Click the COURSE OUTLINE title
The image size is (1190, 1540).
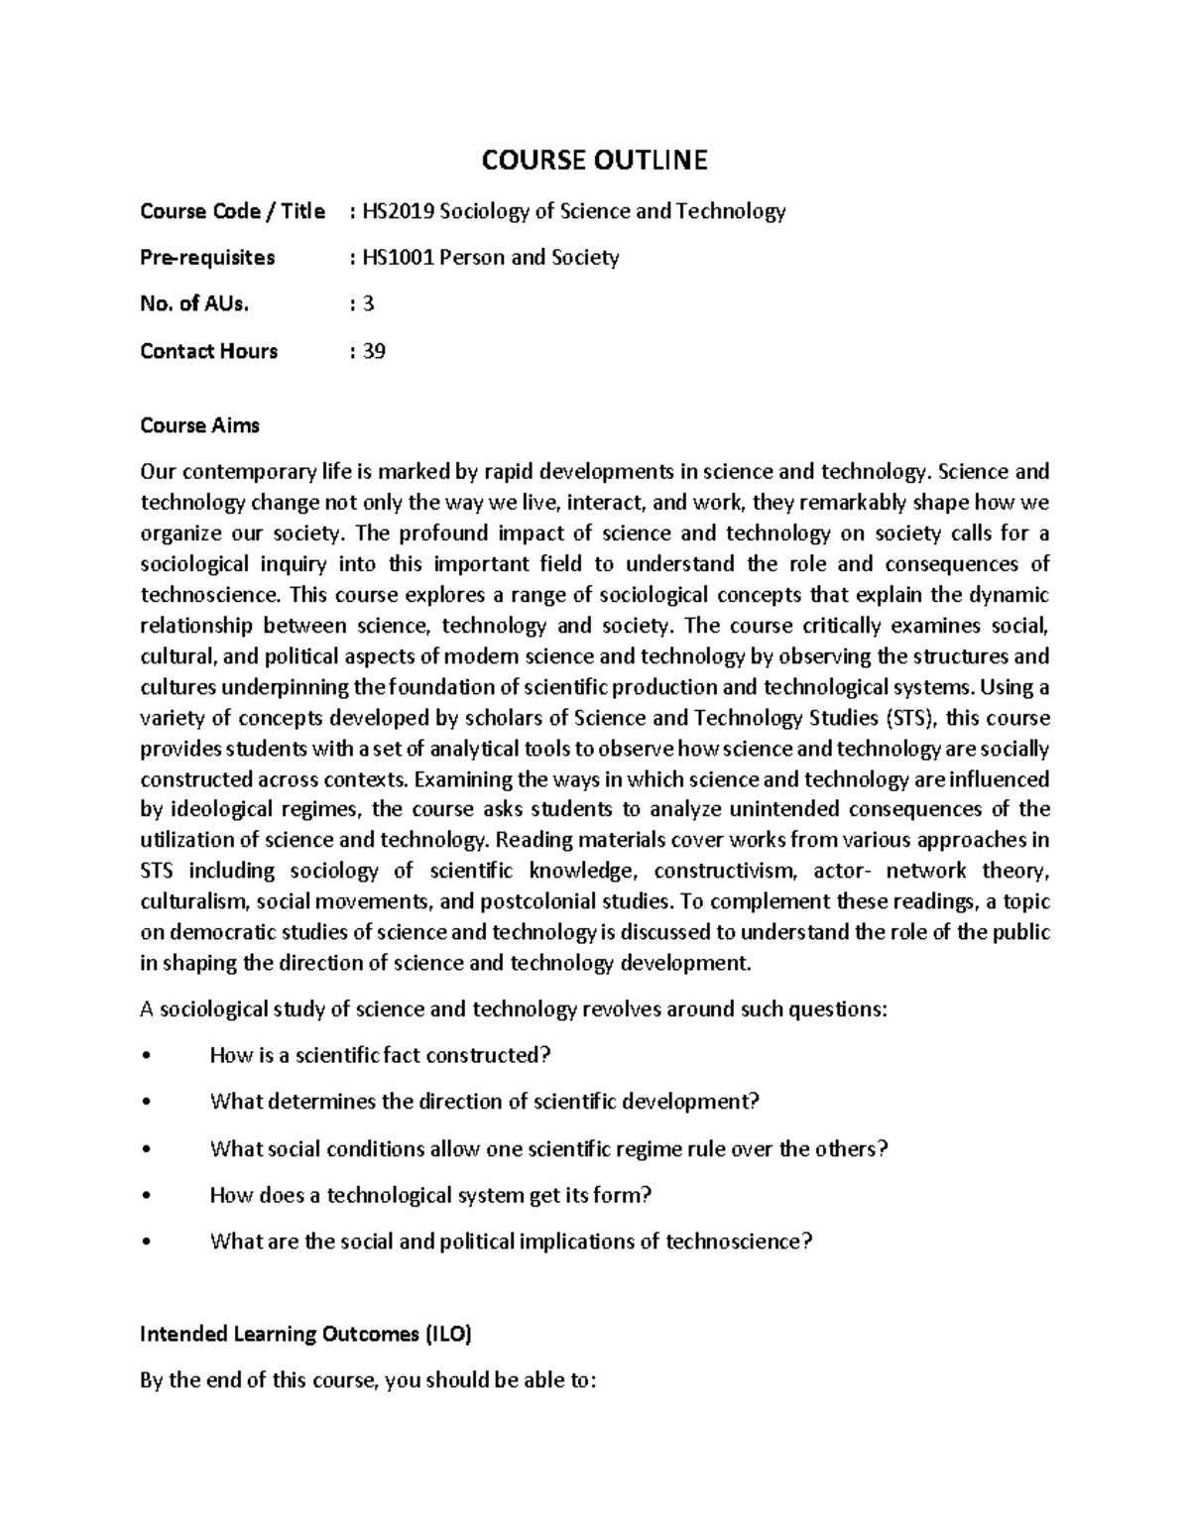click(x=595, y=160)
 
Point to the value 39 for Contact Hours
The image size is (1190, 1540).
click(x=374, y=351)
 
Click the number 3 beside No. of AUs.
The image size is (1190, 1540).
click(x=369, y=304)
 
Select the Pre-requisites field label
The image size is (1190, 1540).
click(x=207, y=258)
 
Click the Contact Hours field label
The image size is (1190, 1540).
click(x=208, y=351)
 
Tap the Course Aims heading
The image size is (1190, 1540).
click(x=199, y=425)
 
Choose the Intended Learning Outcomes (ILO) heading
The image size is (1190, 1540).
click(x=305, y=1335)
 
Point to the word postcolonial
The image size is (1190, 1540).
click(x=536, y=902)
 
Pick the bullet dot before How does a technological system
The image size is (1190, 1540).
click(x=146, y=1196)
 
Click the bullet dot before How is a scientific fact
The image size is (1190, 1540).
click(x=146, y=1056)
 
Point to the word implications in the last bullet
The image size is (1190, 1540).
click(x=579, y=1243)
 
